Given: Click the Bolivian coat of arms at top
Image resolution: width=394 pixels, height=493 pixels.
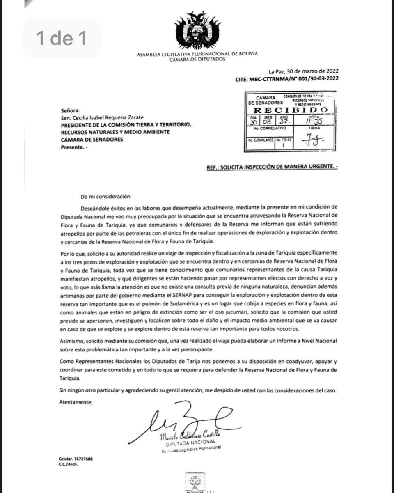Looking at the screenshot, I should pos(197,31).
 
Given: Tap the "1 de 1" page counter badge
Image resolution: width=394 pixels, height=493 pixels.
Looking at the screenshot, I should pos(62,38).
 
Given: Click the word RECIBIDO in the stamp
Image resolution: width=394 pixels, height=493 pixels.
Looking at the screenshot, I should pos(290,110).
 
